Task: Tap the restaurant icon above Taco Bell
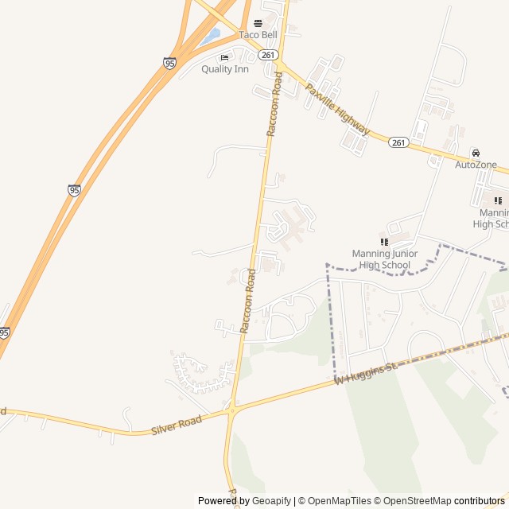coord(258,23)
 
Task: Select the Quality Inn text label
coord(224,69)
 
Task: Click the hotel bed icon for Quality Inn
coord(224,57)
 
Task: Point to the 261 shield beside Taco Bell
coord(269,55)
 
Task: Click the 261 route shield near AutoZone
coord(398,142)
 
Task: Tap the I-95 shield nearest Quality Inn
coord(169,63)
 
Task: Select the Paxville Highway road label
coord(338,111)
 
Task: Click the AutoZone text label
coord(476,165)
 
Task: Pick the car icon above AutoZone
coord(476,152)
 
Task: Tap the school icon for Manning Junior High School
coord(383,241)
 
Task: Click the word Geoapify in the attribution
coord(271,501)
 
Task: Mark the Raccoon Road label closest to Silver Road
coord(248,301)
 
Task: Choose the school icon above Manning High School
coord(498,200)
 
